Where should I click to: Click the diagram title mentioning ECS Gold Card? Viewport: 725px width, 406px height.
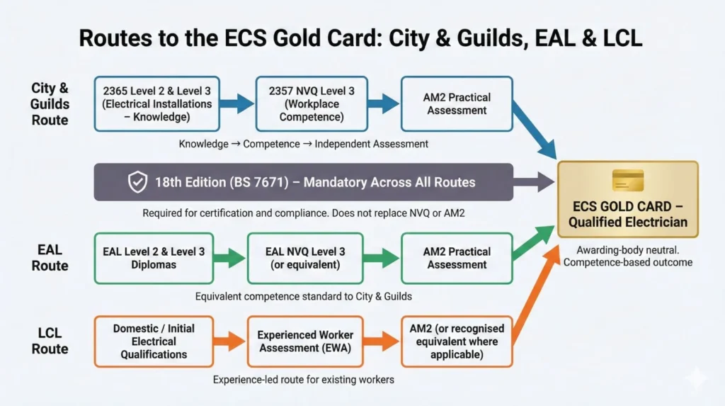click(x=360, y=38)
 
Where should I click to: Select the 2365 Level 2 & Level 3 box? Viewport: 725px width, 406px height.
click(x=156, y=104)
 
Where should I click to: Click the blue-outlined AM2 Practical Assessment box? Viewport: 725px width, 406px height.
click(x=457, y=104)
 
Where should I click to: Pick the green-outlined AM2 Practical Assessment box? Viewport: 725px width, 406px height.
click(x=457, y=259)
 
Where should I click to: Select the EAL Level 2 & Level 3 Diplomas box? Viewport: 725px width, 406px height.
click(x=153, y=259)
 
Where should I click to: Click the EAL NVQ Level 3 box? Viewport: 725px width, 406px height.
click(x=306, y=259)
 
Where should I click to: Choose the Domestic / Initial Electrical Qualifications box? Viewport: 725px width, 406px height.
click(x=153, y=342)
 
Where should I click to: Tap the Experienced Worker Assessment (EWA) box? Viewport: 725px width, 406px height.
click(x=306, y=342)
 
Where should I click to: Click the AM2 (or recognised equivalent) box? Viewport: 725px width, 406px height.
click(x=457, y=342)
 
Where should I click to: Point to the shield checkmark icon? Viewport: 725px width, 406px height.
click(x=137, y=182)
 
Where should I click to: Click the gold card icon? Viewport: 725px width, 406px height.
click(x=627, y=180)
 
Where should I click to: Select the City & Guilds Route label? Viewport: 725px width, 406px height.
click(x=50, y=104)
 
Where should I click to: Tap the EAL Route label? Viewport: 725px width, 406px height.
click(x=50, y=258)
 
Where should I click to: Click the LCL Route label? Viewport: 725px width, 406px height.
click(x=50, y=341)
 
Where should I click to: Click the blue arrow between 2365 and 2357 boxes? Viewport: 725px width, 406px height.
click(x=236, y=104)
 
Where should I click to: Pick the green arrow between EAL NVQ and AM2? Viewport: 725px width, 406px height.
click(x=383, y=259)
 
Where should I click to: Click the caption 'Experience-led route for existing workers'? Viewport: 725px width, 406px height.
click(x=303, y=380)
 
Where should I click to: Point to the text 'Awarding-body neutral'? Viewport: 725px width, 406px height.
click(x=627, y=249)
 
